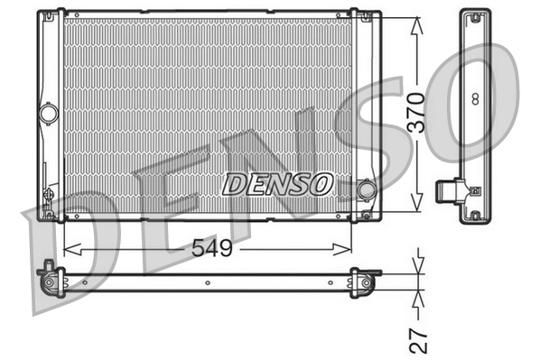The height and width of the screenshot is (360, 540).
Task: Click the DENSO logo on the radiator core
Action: click(277, 184)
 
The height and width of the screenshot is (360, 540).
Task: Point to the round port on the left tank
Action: click(49, 114)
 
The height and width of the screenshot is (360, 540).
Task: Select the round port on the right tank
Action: click(367, 190)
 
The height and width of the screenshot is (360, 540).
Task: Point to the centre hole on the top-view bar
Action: click(207, 282)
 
